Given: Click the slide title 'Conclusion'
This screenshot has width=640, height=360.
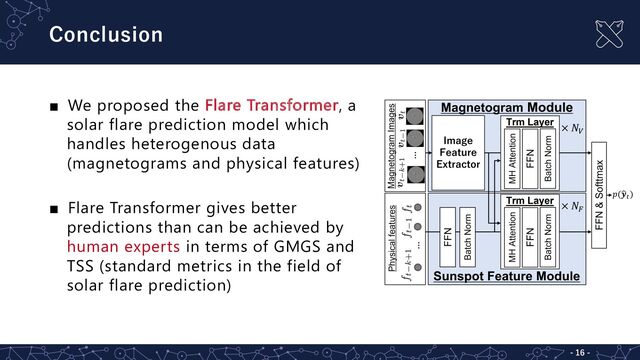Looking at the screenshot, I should tap(105, 34).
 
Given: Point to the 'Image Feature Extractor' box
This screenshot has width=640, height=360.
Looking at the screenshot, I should tap(459, 152).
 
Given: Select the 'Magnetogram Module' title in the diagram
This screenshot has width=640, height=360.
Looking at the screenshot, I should tap(506, 107).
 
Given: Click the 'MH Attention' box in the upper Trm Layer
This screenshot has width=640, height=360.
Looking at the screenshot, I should tap(511, 158).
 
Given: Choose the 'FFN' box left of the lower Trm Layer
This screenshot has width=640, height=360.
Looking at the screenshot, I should tap(447, 236).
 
